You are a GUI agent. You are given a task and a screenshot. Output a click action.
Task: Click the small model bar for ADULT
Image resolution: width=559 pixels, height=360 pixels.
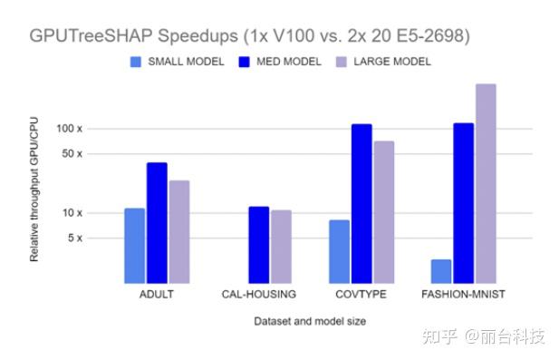134,246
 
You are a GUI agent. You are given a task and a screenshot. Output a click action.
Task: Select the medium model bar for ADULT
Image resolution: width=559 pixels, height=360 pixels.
157,223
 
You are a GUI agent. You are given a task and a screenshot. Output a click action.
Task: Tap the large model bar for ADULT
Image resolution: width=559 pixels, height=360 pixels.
178,232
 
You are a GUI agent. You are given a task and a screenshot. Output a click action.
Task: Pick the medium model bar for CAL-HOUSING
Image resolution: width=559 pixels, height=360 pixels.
258,245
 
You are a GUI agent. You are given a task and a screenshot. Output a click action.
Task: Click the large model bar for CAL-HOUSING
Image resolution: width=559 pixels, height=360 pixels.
281,247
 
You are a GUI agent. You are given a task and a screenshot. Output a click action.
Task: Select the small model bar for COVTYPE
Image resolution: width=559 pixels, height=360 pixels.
339,251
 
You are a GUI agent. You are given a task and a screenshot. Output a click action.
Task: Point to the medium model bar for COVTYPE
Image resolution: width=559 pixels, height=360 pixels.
361,204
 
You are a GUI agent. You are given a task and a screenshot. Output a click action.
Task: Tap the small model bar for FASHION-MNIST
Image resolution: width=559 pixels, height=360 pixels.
441,271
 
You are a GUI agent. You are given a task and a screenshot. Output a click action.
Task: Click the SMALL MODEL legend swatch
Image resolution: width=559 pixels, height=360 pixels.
136,62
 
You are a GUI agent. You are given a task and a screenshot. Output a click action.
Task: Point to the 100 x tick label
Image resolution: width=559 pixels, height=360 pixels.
95,129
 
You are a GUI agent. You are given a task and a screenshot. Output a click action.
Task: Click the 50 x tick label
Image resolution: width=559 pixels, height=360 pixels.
98,154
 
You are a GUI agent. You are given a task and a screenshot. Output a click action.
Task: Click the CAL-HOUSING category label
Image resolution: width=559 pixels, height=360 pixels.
258,295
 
